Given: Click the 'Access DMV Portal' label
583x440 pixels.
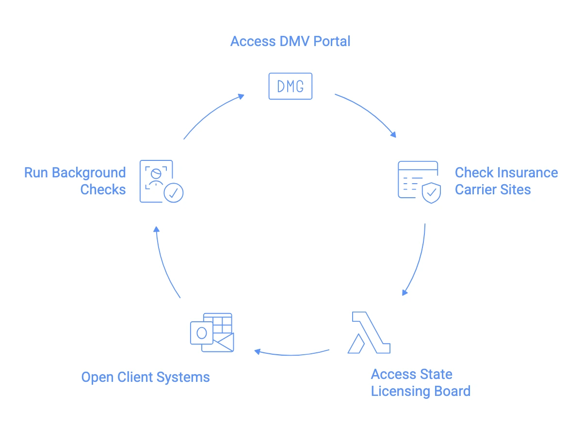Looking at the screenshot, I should pyautogui.click(x=290, y=41).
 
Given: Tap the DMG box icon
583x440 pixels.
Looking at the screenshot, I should pyautogui.click(x=290, y=86).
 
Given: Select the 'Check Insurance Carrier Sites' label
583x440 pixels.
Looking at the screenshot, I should pyautogui.click(x=506, y=181).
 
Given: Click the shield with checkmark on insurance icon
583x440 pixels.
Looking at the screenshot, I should pyautogui.click(x=431, y=192).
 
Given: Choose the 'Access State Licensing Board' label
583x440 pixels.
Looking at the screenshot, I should pyautogui.click(x=420, y=382).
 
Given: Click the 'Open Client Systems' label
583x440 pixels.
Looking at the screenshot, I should pyautogui.click(x=146, y=377).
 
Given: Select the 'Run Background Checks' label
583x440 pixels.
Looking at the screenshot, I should pyautogui.click(x=75, y=181).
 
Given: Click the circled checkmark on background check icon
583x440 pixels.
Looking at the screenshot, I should pyautogui.click(x=173, y=192).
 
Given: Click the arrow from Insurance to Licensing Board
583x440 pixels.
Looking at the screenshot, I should pyautogui.click(x=418, y=262).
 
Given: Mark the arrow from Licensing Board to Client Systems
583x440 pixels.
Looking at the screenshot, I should pyautogui.click(x=292, y=353).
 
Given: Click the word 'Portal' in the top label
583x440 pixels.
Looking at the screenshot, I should pyautogui.click(x=332, y=41).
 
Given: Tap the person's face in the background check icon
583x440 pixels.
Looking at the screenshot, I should pyautogui.click(x=156, y=174).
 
